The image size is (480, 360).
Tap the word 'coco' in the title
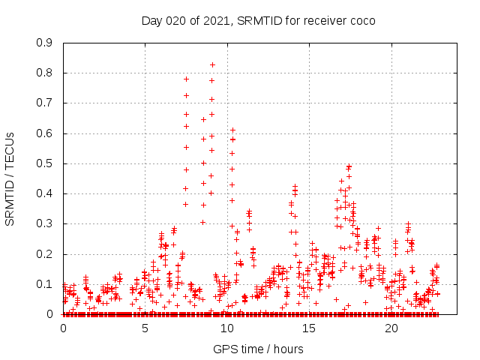[360, 20]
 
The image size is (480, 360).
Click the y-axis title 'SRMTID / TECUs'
[10, 178]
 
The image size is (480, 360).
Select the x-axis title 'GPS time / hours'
[258, 349]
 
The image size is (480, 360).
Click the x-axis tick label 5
[145, 328]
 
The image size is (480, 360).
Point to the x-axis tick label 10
[227, 328]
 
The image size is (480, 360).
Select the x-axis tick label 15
[310, 328]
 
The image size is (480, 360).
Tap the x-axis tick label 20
[391, 328]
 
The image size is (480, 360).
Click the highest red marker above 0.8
[212, 64]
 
